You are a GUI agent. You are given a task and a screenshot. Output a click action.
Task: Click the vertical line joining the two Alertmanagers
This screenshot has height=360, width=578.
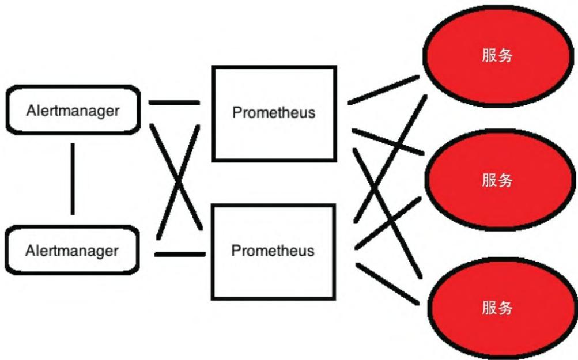tap(73, 179)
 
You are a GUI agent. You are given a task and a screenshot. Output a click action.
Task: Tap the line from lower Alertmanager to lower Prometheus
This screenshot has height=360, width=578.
tap(180, 253)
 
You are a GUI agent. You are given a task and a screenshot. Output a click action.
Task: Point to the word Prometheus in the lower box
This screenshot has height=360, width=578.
tap(273, 251)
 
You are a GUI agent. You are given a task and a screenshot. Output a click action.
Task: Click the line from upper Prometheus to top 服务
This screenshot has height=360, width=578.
tap(383, 90)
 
